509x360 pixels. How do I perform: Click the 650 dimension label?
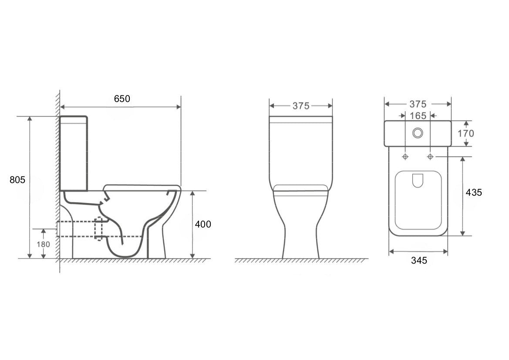(122, 98)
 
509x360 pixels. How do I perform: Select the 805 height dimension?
(17, 180)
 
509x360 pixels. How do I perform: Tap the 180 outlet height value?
(43, 245)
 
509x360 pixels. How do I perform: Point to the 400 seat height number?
(203, 224)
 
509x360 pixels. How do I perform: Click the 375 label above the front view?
(301, 106)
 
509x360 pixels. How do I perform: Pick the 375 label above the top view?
(418, 104)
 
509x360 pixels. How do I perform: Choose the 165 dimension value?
(418, 115)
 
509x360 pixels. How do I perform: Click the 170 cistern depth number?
(466, 133)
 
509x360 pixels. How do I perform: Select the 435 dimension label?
(474, 192)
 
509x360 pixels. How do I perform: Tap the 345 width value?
(419, 260)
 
